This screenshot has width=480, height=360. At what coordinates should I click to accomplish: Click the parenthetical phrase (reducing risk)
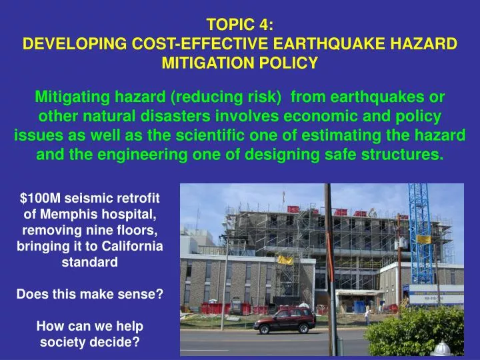point(225,97)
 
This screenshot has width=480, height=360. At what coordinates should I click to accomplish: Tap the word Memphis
point(74,213)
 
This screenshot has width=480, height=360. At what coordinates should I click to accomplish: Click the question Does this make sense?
point(89,294)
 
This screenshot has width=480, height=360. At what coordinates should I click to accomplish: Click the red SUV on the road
point(283,321)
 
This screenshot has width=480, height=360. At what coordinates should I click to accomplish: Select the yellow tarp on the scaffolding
point(285,259)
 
